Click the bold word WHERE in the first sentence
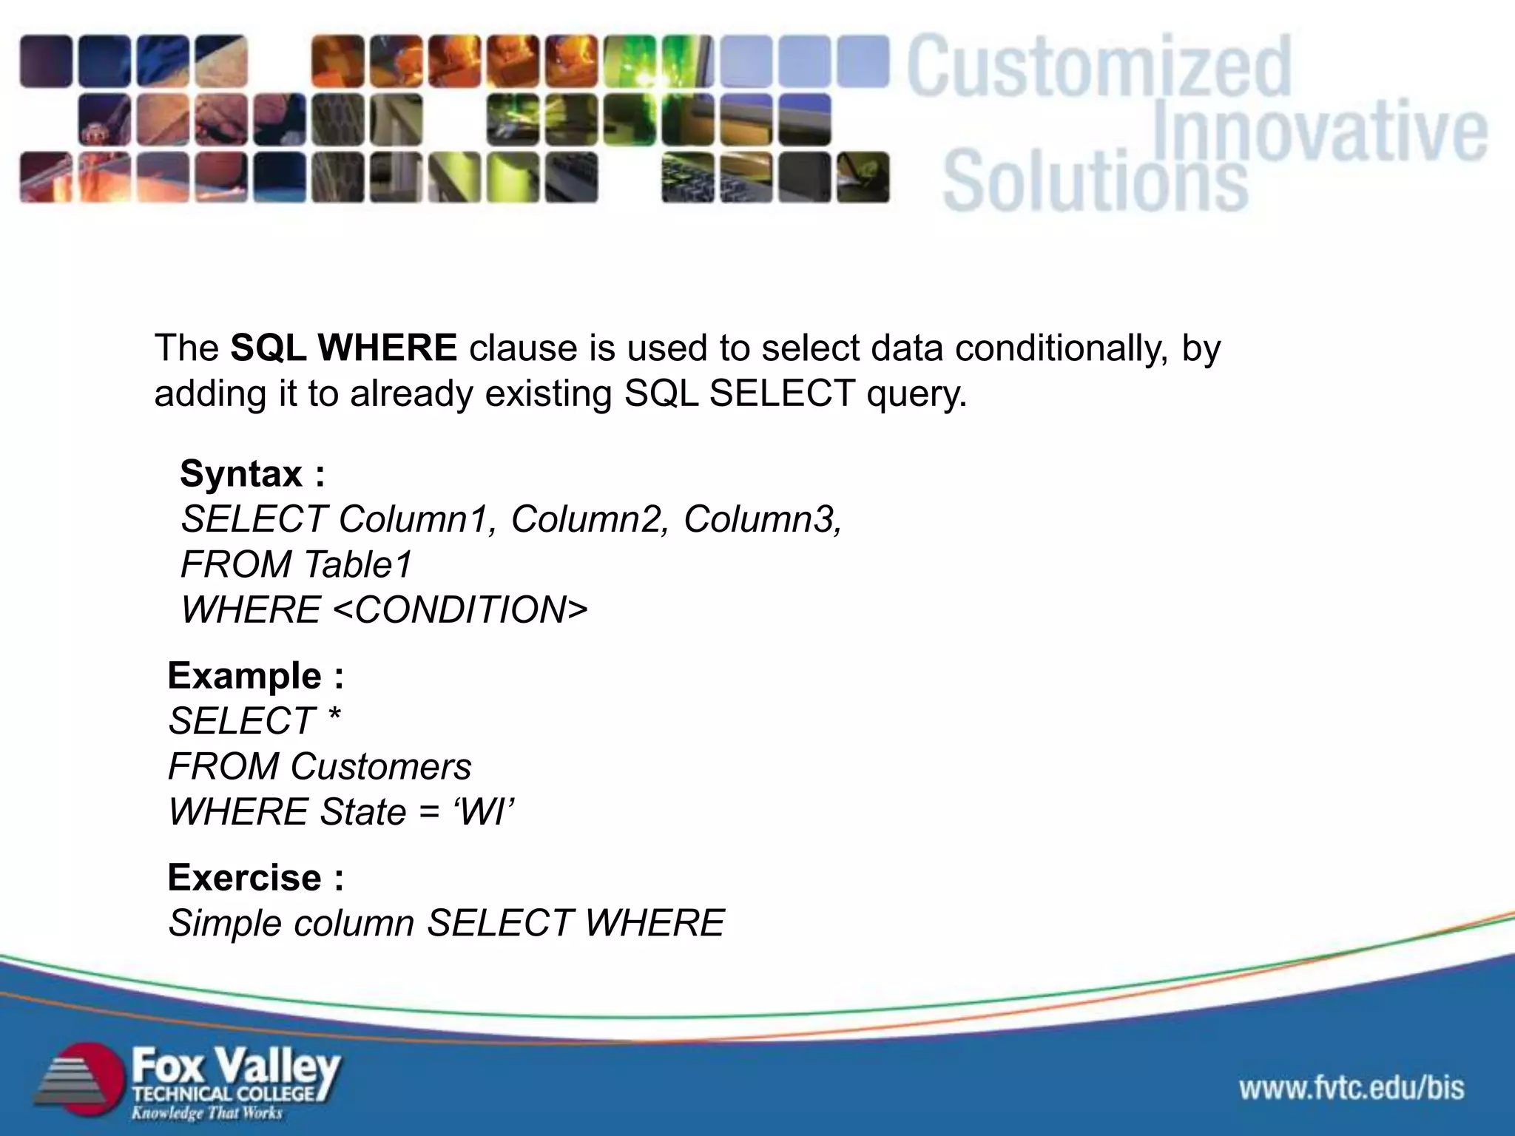[x=388, y=348]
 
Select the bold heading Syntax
[x=241, y=473]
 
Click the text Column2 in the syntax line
[x=588, y=519]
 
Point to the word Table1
[x=357, y=565]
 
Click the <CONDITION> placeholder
[x=460, y=610]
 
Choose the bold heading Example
[x=245, y=676]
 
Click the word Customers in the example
[x=380, y=767]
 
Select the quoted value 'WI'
[x=483, y=812]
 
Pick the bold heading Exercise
[x=245, y=878]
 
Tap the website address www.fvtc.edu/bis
[x=1352, y=1088]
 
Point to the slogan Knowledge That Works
[x=207, y=1112]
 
